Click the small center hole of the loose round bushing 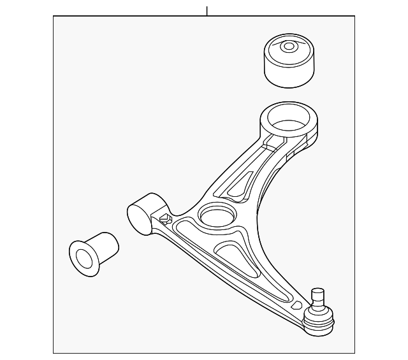click(x=288, y=46)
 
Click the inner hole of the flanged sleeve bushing click(x=83, y=259)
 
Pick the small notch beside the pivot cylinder click(x=165, y=220)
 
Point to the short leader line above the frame click(x=207, y=11)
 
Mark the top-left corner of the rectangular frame click(x=54, y=17)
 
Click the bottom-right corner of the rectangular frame click(x=355, y=352)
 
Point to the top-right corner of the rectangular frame click(x=355, y=17)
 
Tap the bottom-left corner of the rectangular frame click(x=54, y=352)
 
